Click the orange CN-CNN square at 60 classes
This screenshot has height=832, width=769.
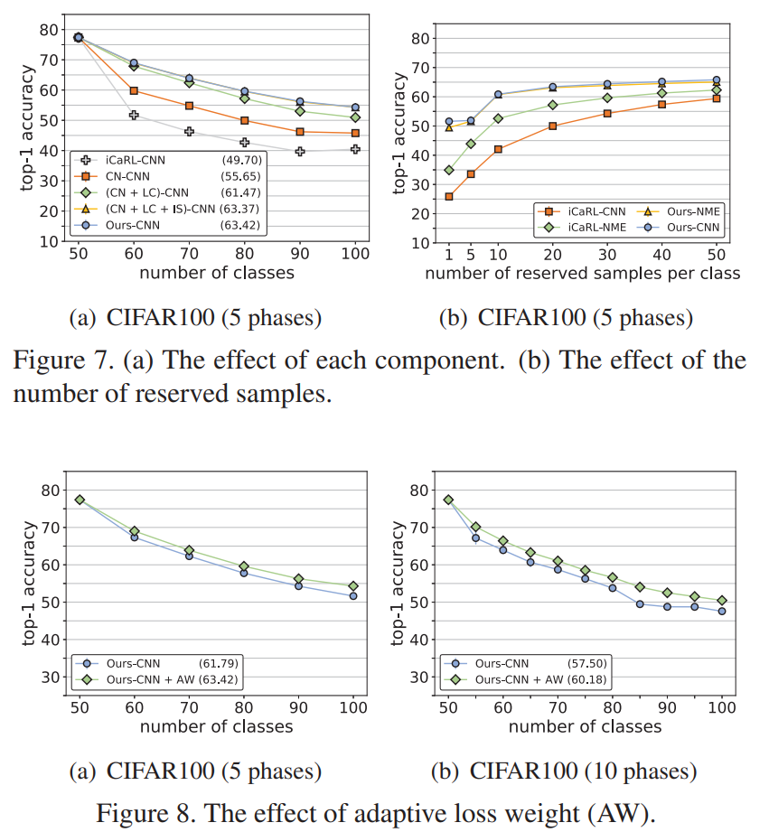pyautogui.click(x=134, y=90)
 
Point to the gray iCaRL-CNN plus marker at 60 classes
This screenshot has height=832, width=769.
pyautogui.click(x=134, y=115)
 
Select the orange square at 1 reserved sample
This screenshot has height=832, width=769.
pyautogui.click(x=449, y=196)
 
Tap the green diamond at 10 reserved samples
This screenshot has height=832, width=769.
pyautogui.click(x=498, y=118)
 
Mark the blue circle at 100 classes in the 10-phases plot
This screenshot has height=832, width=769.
pyautogui.click(x=722, y=611)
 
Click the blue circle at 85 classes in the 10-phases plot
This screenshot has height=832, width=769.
pyautogui.click(x=640, y=603)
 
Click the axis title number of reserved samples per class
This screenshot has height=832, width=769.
pyautogui.click(x=583, y=273)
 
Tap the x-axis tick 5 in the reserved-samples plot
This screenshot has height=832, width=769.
pyautogui.click(x=470, y=254)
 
